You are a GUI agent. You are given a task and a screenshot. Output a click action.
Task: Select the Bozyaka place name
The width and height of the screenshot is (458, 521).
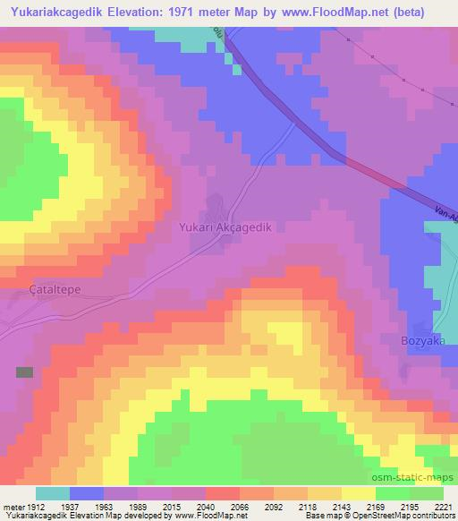(x=422, y=341)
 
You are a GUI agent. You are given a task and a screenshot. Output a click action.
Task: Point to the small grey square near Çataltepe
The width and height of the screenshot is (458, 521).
(x=24, y=372)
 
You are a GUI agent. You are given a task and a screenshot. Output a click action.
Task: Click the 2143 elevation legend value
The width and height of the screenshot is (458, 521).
(x=341, y=506)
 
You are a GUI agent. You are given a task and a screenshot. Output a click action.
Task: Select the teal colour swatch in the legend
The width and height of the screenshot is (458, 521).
(x=52, y=493)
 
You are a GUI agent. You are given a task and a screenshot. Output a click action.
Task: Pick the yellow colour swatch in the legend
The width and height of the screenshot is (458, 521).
(x=358, y=493)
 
